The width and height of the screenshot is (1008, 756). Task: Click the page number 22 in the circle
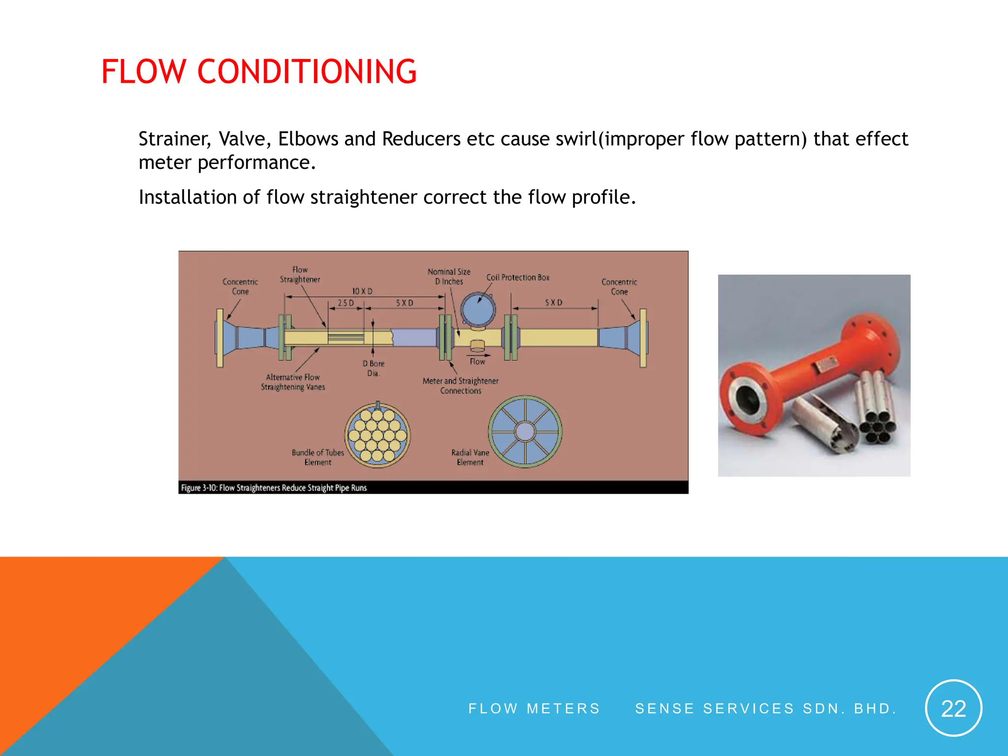click(x=953, y=709)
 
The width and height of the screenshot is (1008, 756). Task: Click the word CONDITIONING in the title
click(x=307, y=72)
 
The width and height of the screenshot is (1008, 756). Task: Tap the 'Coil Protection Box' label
click(x=518, y=278)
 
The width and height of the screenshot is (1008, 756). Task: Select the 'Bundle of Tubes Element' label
click(x=318, y=457)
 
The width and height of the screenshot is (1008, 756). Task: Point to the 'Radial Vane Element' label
click(x=470, y=457)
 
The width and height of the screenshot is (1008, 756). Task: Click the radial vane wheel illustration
click(x=525, y=432)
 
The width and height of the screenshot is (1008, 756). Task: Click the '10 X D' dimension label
click(x=362, y=291)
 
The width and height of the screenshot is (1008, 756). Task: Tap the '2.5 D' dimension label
click(x=346, y=303)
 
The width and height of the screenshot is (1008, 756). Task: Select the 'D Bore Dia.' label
click(x=374, y=368)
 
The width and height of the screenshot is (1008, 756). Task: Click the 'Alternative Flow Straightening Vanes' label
click(x=293, y=382)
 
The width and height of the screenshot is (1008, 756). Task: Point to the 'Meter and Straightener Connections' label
click(x=461, y=385)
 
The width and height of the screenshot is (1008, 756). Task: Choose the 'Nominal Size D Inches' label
click(x=449, y=277)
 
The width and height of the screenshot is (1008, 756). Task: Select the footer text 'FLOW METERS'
click(x=534, y=709)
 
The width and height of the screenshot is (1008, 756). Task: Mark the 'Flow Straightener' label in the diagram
click(x=300, y=275)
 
